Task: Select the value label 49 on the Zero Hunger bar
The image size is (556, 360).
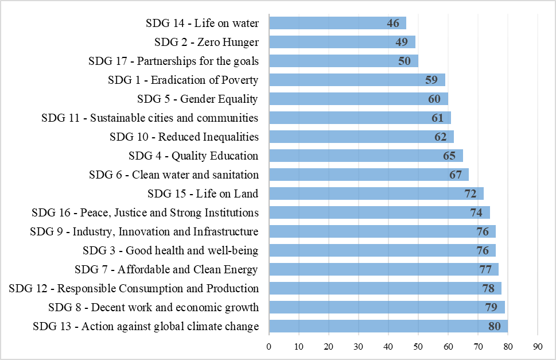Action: (x=402, y=42)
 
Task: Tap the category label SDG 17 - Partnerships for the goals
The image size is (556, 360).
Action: (x=173, y=61)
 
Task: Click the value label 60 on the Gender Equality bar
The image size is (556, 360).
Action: (x=434, y=99)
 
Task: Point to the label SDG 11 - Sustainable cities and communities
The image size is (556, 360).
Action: (x=150, y=118)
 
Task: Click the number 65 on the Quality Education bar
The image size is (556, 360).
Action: (x=449, y=156)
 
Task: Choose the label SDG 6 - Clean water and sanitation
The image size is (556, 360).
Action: (x=174, y=175)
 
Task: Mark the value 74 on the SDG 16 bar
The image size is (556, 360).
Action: (x=476, y=213)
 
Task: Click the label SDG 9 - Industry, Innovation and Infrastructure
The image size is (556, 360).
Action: (x=144, y=232)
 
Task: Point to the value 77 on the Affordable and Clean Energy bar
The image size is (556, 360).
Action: (x=485, y=270)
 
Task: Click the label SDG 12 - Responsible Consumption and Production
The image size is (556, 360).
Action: (x=134, y=289)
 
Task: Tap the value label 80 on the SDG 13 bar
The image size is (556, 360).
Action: (x=494, y=327)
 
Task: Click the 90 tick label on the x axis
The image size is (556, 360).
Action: (x=538, y=346)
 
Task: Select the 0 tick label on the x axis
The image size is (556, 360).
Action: (x=269, y=346)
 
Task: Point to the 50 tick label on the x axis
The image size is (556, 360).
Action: (x=418, y=346)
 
